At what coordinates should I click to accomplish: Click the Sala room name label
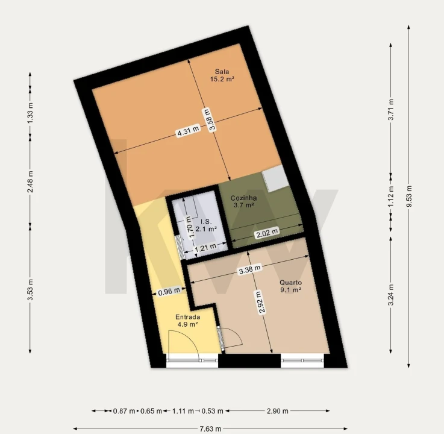pos(222,72)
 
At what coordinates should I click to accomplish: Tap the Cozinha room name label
pos(243,198)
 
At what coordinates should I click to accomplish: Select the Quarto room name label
pos(290,283)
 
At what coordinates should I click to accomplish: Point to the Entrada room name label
pos(188,317)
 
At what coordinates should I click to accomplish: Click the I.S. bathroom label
pos(206,222)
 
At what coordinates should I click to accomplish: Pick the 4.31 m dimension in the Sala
pos(188,131)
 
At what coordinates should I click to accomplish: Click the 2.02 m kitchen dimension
pos(267,233)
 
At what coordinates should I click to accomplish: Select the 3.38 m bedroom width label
pos(249,269)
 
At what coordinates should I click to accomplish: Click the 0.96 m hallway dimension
pos(169,291)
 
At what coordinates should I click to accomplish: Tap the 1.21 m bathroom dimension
pos(205,248)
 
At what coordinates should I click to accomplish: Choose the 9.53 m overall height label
pos(409,197)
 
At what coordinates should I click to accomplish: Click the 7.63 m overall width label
pos(210,429)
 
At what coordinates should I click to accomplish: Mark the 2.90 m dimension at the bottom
pos(278,410)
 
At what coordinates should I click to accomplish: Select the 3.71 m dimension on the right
pos(391,109)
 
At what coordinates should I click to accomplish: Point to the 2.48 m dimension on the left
pos(30,181)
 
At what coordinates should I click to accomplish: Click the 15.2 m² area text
pos(222,79)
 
